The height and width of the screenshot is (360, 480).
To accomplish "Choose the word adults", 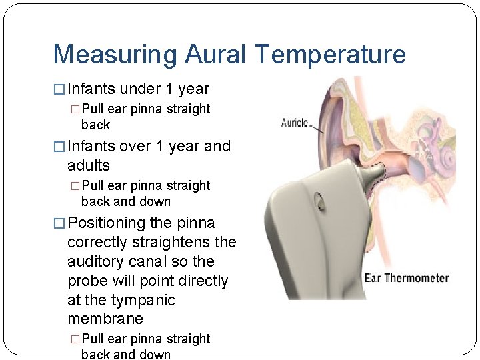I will [89, 165].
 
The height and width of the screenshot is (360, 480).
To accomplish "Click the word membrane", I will [105, 319].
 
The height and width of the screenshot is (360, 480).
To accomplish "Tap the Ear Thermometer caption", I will [407, 278].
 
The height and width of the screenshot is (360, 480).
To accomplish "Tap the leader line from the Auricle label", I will [319, 128].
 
